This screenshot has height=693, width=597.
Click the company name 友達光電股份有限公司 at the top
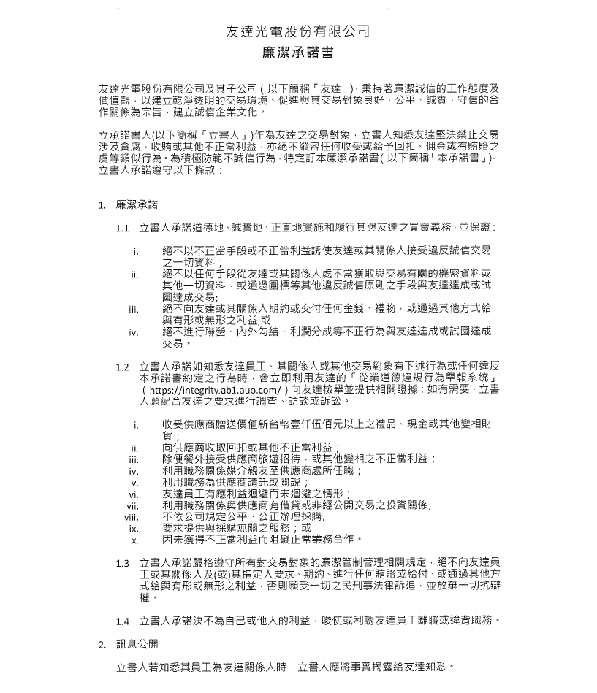tap(297, 31)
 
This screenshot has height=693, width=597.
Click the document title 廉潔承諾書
tap(297, 53)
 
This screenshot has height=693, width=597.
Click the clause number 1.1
tap(122, 228)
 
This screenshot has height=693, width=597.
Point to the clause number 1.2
tap(122, 367)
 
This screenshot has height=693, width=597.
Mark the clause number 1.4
tap(122, 621)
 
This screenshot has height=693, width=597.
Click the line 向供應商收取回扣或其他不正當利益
tap(251, 448)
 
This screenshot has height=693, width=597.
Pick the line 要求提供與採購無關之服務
tap(236, 528)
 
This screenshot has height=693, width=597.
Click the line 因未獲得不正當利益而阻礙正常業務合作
tap(262, 540)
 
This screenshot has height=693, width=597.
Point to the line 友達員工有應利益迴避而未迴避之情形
tap(257, 494)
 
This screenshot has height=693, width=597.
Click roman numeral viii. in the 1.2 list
tap(132, 516)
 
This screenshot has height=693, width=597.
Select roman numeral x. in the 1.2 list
tap(135, 540)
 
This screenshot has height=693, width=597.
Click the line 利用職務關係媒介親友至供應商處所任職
tap(262, 471)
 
